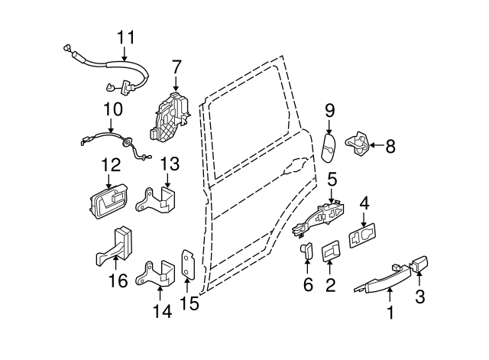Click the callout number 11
click(125, 36)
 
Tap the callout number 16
click(118, 281)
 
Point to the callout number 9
click(329, 111)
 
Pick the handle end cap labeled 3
click(419, 268)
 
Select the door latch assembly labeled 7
click(173, 116)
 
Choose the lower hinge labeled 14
click(157, 274)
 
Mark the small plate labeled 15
click(189, 265)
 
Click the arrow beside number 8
click(377, 144)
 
